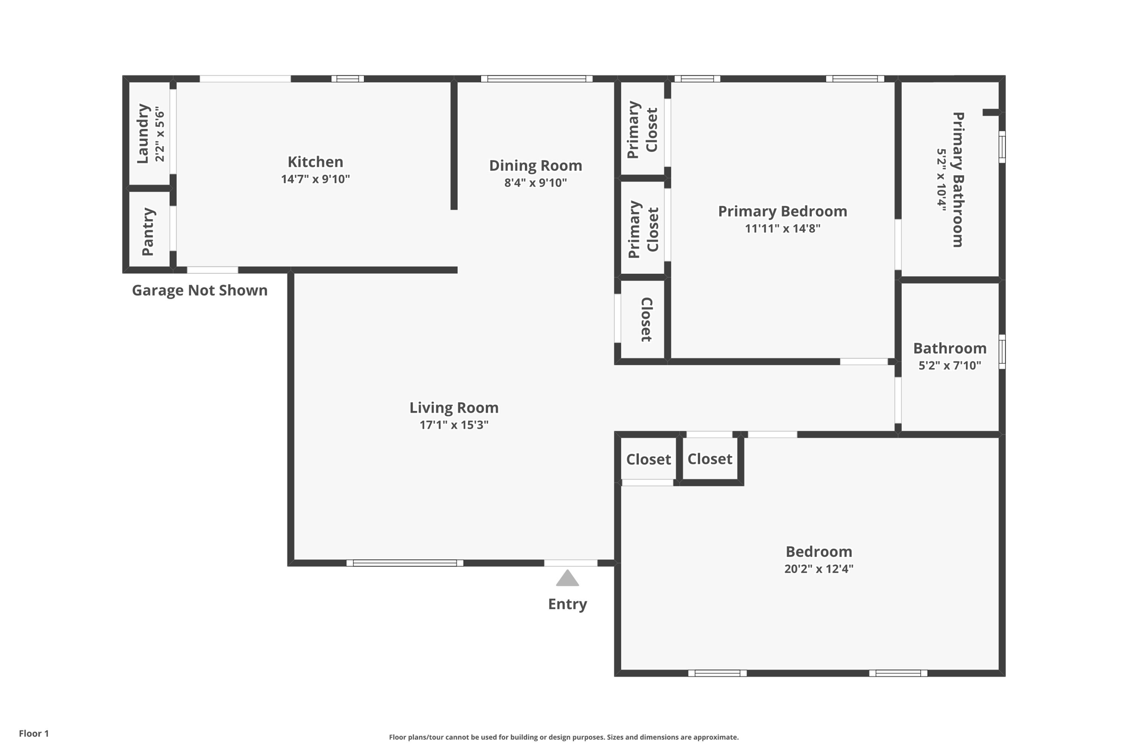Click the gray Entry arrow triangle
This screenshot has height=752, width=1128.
coord(567,578)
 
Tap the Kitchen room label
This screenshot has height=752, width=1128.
coord(316,162)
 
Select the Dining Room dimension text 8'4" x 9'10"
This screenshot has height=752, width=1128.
coord(535,183)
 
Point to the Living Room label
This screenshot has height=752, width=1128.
coord(454,408)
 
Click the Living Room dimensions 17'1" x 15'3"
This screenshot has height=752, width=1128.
coord(454,425)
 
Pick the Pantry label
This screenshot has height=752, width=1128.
coord(148,231)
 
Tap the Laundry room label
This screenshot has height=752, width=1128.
coord(143,133)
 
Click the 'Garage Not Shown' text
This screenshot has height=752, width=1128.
coord(199,290)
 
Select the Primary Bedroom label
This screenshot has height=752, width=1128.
coord(783,212)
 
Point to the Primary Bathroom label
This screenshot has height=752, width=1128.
coord(958,180)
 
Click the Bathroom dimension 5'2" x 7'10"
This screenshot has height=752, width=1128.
coord(950,365)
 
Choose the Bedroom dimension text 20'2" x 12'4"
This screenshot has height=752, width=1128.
coord(819,569)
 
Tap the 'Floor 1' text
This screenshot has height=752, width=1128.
coord(34,734)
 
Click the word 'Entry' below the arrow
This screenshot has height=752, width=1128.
coord(567,604)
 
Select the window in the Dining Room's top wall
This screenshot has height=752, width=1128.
coord(536,79)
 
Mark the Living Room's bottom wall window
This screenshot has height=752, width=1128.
coord(405,563)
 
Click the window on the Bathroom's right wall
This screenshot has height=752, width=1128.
coord(1002,351)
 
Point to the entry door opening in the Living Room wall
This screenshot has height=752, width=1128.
coord(571,563)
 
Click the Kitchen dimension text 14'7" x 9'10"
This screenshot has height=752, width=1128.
coord(316,179)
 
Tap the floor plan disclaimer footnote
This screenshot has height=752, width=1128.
coord(564,737)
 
